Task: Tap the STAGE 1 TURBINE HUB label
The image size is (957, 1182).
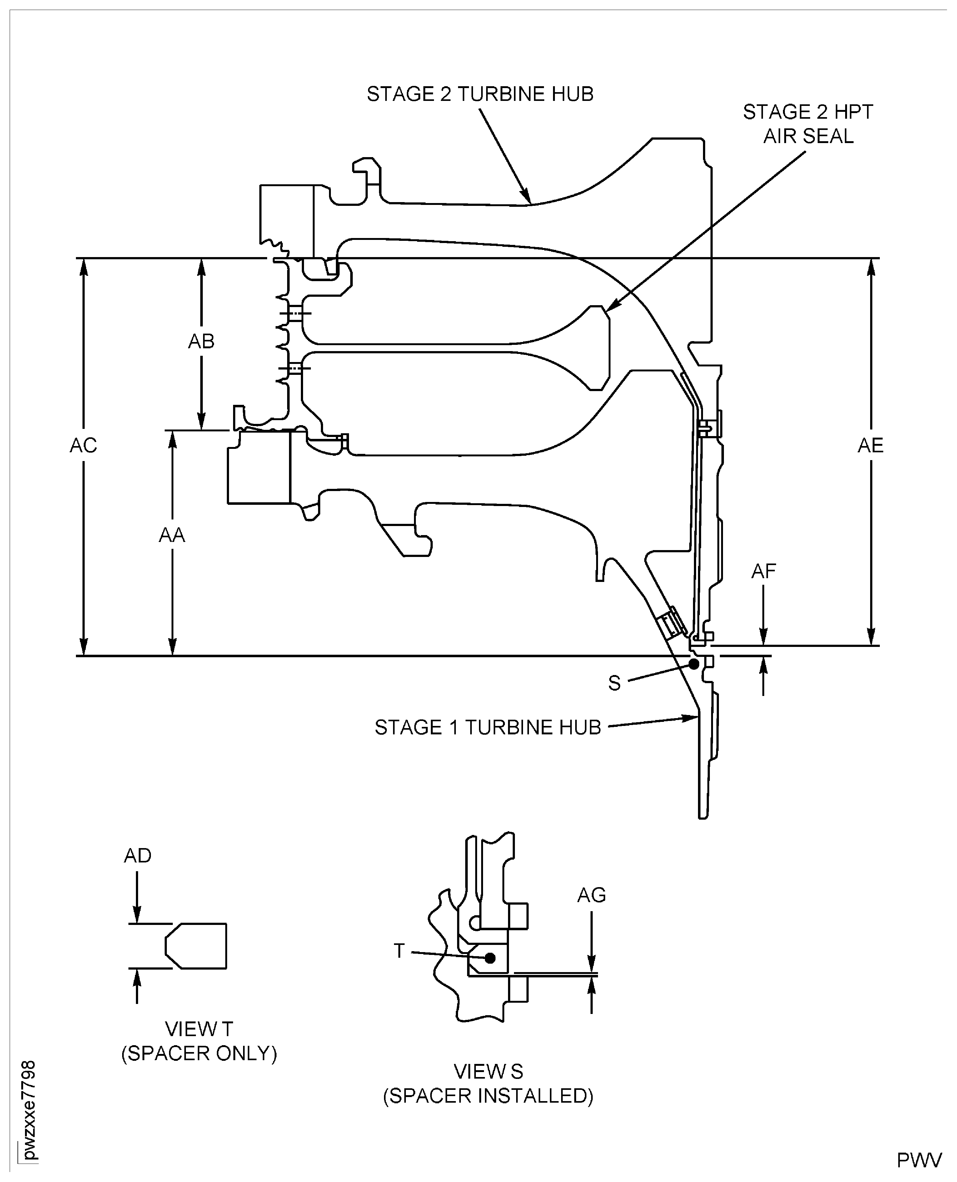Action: coord(487,728)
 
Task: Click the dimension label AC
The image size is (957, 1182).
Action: coord(83,445)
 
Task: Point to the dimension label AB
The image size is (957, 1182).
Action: coord(201,342)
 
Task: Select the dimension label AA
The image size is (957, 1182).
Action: coord(172,535)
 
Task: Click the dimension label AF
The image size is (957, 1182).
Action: coord(764,571)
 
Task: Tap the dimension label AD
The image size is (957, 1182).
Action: coord(137,856)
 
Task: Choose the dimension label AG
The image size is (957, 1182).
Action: coord(591,896)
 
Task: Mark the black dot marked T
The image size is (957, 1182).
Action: coord(490,958)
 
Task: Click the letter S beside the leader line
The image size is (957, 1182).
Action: coord(614,683)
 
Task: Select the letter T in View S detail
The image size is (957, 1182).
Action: coord(399,951)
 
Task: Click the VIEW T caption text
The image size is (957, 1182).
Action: coord(199,1029)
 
